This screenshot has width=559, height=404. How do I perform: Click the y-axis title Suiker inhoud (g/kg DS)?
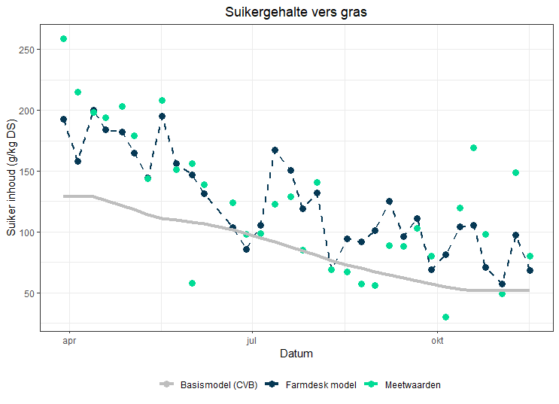click(x=11, y=178)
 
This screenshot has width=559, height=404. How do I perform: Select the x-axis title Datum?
click(x=296, y=353)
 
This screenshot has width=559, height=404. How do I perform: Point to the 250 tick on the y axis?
click(x=29, y=50)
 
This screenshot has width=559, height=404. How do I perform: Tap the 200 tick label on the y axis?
click(x=29, y=111)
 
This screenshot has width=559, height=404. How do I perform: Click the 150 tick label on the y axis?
click(x=29, y=172)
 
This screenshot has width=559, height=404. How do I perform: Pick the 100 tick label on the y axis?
click(x=29, y=232)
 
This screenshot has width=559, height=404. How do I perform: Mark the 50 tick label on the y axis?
click(x=32, y=293)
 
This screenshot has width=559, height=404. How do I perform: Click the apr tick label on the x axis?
click(x=69, y=339)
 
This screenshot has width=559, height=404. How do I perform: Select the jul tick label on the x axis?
click(x=251, y=339)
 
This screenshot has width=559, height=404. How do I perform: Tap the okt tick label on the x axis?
click(x=436, y=339)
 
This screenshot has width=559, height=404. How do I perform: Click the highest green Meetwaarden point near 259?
click(x=64, y=39)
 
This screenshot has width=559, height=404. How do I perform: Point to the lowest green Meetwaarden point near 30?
click(x=446, y=317)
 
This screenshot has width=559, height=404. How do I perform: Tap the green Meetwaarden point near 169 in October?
click(x=474, y=148)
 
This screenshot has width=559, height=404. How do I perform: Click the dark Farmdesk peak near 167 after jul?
click(x=275, y=150)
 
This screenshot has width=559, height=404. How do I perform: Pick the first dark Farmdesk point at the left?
click(x=64, y=120)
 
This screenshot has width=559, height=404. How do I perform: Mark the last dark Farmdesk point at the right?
click(x=530, y=270)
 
